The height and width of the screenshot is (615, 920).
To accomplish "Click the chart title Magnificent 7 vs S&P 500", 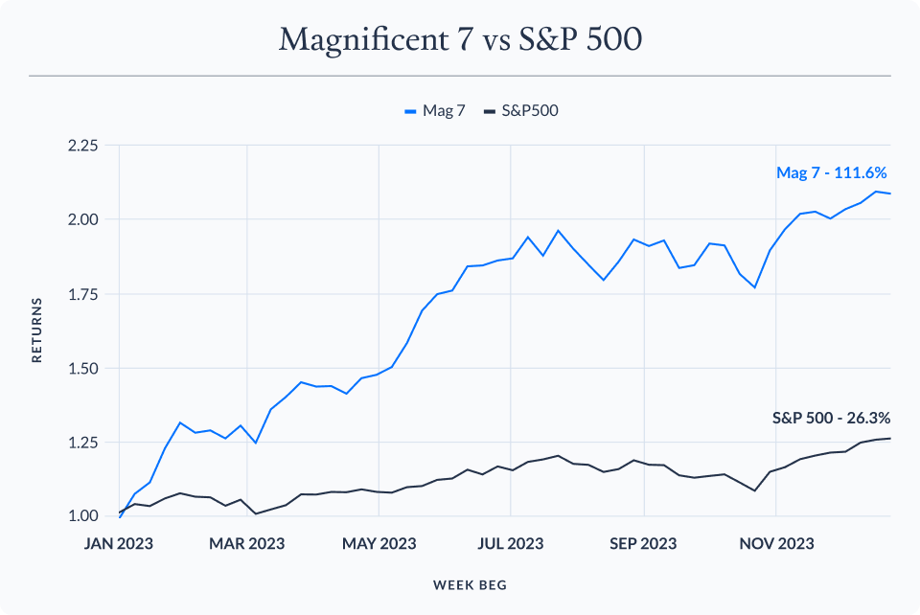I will [x=460, y=40].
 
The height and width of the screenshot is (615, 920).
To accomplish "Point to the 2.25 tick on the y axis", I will [x=82, y=146].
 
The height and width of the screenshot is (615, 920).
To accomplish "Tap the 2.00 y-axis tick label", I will [x=82, y=219].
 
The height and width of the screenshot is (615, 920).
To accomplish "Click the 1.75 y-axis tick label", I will [x=82, y=294].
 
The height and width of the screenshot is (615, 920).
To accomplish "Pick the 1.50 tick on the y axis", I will [x=82, y=368].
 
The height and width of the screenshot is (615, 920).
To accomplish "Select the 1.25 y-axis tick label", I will [x=82, y=443].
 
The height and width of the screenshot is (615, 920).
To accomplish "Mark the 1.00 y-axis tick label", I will [x=82, y=516].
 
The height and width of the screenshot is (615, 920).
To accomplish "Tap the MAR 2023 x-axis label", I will [x=247, y=543].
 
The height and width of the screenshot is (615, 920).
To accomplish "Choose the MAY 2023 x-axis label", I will [x=379, y=543].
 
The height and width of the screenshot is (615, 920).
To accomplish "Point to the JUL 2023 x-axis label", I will [x=511, y=543].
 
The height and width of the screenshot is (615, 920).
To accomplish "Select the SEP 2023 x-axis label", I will [x=644, y=543].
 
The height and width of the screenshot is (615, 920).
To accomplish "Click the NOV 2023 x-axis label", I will [x=777, y=543].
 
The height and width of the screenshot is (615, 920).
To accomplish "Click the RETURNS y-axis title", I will [x=37, y=331].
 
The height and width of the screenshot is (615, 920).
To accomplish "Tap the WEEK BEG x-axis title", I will [x=470, y=583].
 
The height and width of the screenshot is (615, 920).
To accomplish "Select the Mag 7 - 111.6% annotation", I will [x=832, y=173].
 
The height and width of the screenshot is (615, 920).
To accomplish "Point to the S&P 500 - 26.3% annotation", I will [x=831, y=418].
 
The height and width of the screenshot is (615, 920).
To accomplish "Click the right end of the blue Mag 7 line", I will [x=890, y=194].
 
